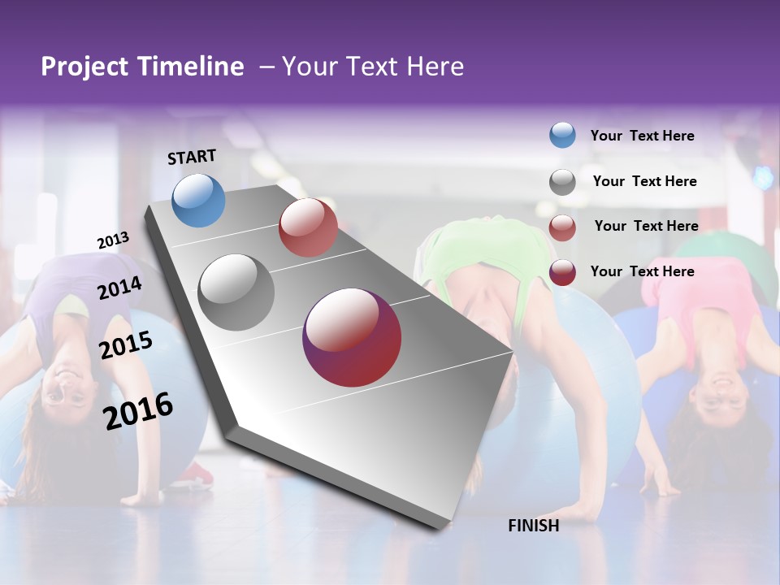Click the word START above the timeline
click(192, 157)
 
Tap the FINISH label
click(533, 526)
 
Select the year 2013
click(113, 240)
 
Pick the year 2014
click(119, 288)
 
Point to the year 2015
click(126, 345)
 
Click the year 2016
click(138, 410)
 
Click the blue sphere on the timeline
click(198, 200)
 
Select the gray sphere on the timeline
click(236, 292)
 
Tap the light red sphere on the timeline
click(308, 227)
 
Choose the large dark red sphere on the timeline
click(352, 338)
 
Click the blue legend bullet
click(562, 136)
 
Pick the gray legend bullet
click(562, 181)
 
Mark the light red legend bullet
click(562, 227)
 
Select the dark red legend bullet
click(562, 272)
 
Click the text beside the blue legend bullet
click(642, 136)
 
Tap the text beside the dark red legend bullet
click(642, 271)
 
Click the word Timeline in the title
click(191, 67)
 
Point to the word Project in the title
click(84, 67)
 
